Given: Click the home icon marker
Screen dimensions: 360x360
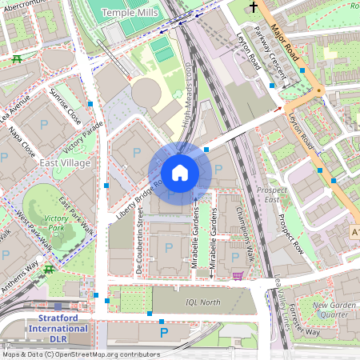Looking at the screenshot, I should point(180,173).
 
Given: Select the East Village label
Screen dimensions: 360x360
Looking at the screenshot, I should point(65,162).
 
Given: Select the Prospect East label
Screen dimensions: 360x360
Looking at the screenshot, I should point(272,194).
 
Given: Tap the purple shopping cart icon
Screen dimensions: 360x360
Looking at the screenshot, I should point(238,276).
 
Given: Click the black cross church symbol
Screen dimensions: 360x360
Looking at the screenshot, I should point(254,7).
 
